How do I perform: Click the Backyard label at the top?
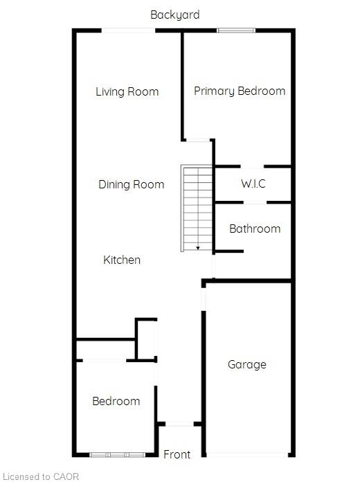point(175,15)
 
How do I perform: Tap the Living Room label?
point(127,91)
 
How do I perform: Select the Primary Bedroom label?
point(240,91)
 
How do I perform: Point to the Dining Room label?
point(132,184)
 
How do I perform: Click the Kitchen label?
point(122,260)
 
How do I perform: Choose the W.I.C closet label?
point(253,184)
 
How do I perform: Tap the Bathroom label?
point(255,229)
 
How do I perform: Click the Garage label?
point(247,364)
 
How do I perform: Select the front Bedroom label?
point(116,401)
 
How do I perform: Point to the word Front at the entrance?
point(177,454)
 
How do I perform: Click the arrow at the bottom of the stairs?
point(198,248)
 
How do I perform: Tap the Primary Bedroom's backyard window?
point(236,30)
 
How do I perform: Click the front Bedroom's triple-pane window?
point(118,454)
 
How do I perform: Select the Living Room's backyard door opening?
point(128,30)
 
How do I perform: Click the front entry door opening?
point(179,424)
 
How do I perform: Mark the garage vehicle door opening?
point(247,454)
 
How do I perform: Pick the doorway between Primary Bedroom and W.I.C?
point(252,167)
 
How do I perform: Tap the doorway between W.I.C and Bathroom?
point(255,202)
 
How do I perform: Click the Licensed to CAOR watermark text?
point(41,476)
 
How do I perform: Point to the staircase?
point(197,208)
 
